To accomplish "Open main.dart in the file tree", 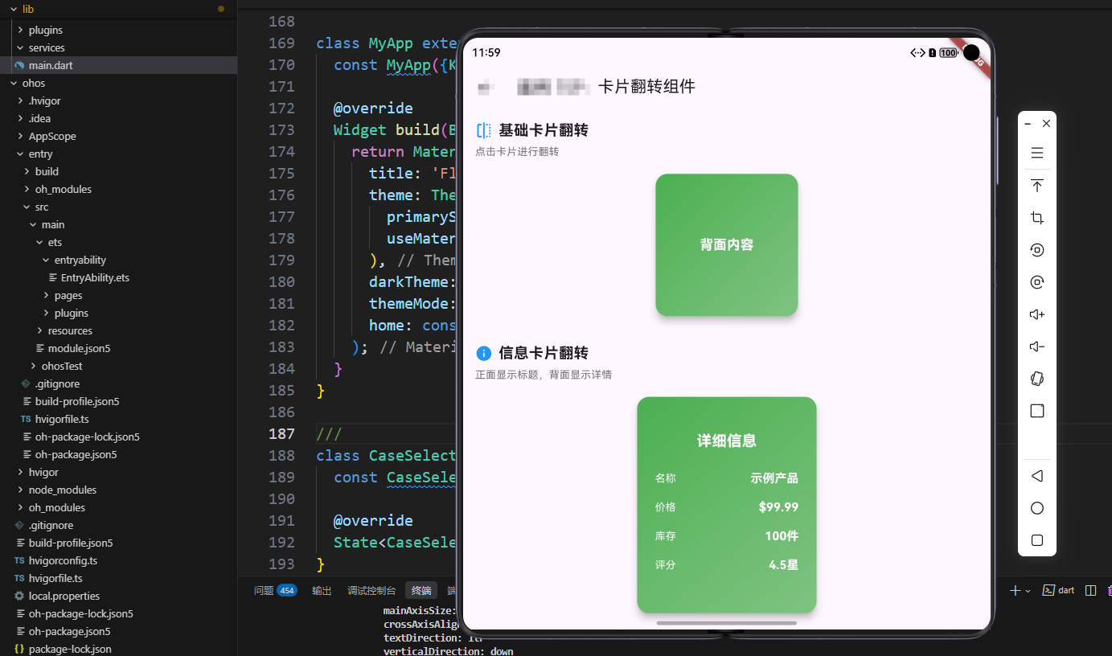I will tap(51, 65).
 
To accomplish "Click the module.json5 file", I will tap(79, 348).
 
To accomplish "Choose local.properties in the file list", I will tap(64, 596).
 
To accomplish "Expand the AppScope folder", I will tap(52, 136).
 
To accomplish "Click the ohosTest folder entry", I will tap(62, 366).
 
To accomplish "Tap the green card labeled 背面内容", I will tap(726, 245).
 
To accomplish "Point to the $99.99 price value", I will tap(778, 507).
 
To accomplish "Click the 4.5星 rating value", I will tap(783, 565).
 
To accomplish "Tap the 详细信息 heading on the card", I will tap(726, 441).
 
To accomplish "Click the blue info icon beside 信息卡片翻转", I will tap(483, 353).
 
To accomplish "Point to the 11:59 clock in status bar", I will tap(486, 53).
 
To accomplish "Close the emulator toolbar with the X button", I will tap(1046, 124).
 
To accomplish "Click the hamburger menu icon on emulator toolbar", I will tap(1037, 153).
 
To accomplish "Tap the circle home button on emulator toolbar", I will tap(1037, 508).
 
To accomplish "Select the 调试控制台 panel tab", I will tap(371, 591).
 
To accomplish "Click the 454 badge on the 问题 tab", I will tap(287, 591).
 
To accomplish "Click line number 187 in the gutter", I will tap(281, 434).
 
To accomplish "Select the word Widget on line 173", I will tap(359, 130).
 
